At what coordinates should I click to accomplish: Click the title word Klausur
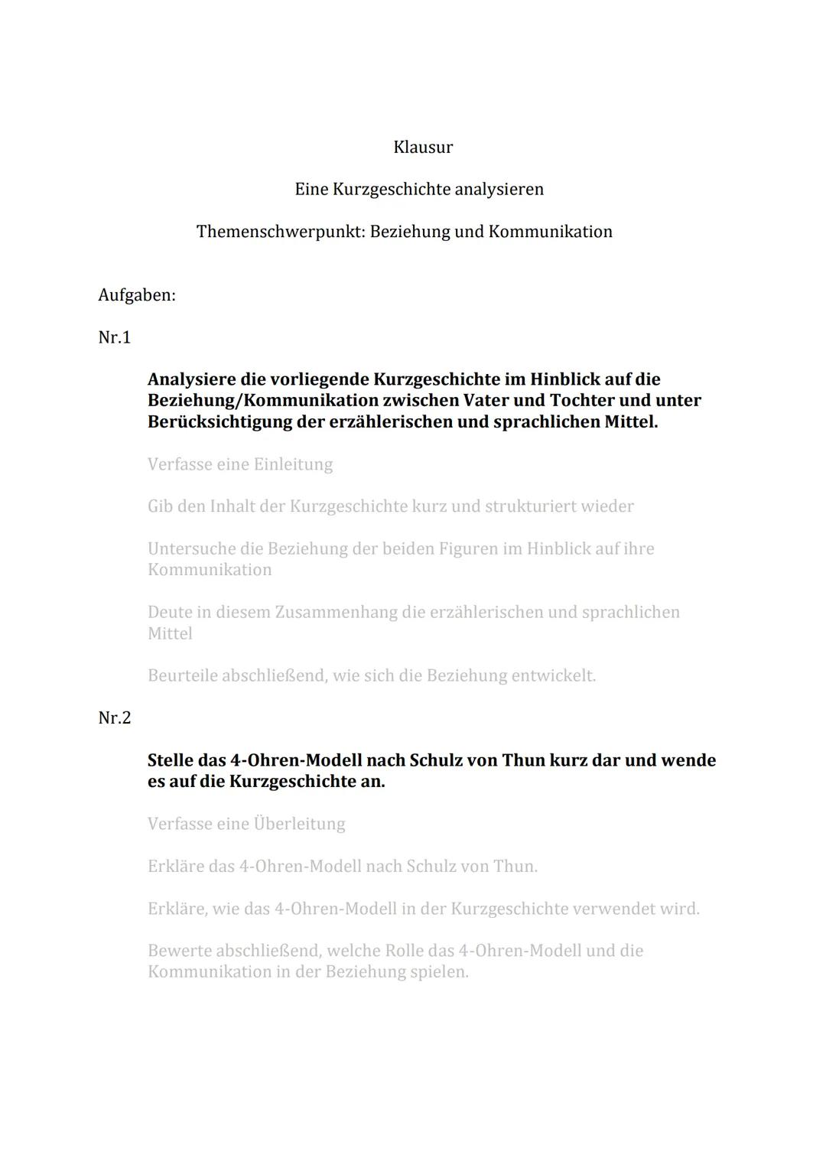click(423, 147)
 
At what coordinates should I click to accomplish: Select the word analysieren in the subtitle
click(499, 189)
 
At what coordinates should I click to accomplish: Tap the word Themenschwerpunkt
click(281, 231)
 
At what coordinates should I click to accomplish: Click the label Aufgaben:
click(137, 294)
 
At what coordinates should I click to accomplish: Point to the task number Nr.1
click(115, 337)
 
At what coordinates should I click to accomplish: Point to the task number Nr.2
click(115, 717)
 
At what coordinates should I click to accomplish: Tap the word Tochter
click(582, 400)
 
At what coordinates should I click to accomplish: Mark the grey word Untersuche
click(190, 548)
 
